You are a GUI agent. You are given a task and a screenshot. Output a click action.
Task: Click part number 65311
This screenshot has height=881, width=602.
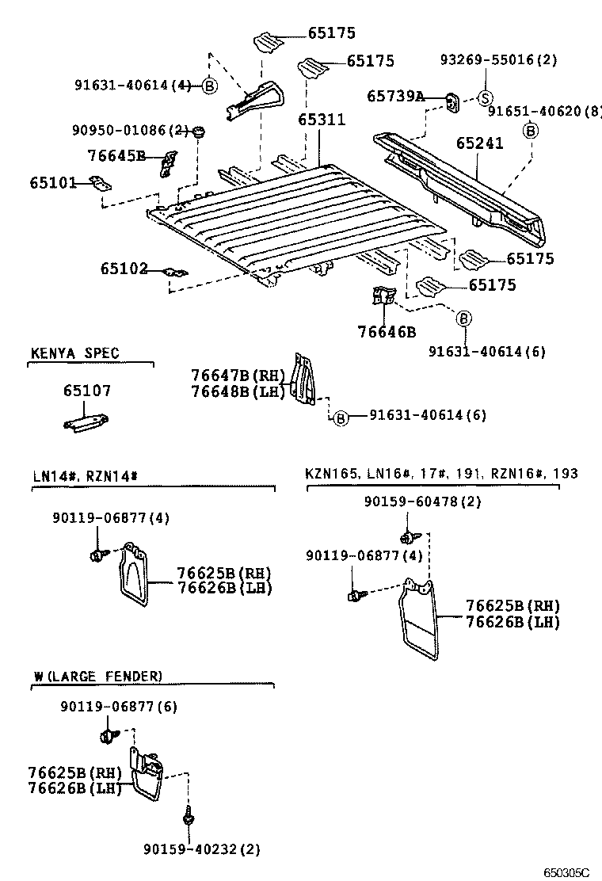[322, 120]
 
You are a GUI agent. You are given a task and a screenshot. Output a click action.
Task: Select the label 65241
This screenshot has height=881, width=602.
[479, 143]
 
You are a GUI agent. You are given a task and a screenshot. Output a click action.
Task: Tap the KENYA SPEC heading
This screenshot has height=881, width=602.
[75, 353]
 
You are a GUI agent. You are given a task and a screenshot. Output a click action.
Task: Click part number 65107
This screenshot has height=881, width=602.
[87, 391]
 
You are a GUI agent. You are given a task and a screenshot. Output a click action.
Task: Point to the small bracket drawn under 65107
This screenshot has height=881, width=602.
[86, 423]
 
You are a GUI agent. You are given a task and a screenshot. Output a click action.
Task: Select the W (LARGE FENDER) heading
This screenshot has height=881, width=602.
[97, 676]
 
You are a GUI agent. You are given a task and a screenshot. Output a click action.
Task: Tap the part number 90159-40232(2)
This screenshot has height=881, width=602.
[202, 849]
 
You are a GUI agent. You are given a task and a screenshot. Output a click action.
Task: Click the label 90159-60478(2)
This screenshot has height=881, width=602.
[422, 502]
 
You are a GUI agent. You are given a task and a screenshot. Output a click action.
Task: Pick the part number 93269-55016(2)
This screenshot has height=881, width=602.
[500, 59]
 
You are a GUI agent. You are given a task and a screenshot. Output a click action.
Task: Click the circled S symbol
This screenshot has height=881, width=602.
[485, 97]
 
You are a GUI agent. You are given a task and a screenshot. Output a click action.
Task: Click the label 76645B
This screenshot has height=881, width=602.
[116, 155]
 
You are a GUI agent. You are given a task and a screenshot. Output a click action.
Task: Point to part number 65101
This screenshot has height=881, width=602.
[53, 183]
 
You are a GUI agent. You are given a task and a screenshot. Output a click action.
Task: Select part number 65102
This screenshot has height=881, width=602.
[124, 269]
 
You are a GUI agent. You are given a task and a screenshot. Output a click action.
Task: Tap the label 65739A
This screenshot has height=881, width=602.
[395, 96]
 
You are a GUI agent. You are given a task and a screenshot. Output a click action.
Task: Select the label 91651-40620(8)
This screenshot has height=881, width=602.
[544, 113]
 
